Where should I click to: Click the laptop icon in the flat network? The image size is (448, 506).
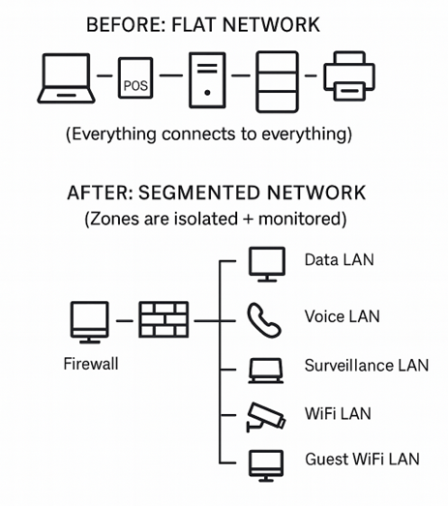66,78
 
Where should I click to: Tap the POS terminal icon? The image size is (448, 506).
135,78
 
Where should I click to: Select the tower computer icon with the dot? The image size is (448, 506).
207,80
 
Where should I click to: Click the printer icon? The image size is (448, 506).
349,76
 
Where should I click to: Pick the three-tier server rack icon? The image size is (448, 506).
278,82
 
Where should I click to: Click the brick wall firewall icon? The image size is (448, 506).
164,319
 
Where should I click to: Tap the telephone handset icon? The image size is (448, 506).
263,320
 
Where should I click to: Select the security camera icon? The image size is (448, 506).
266,417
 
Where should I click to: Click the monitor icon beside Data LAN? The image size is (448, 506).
267,264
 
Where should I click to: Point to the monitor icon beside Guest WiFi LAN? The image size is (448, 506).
266,465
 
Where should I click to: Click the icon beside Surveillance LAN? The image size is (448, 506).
266,371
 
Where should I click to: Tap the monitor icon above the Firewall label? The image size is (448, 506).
90,322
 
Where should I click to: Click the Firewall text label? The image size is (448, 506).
91,364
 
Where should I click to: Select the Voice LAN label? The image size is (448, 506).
343,316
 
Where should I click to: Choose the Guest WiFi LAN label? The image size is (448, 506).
362,459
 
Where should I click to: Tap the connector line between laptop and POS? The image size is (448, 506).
105,75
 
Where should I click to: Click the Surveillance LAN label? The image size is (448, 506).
367,366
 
